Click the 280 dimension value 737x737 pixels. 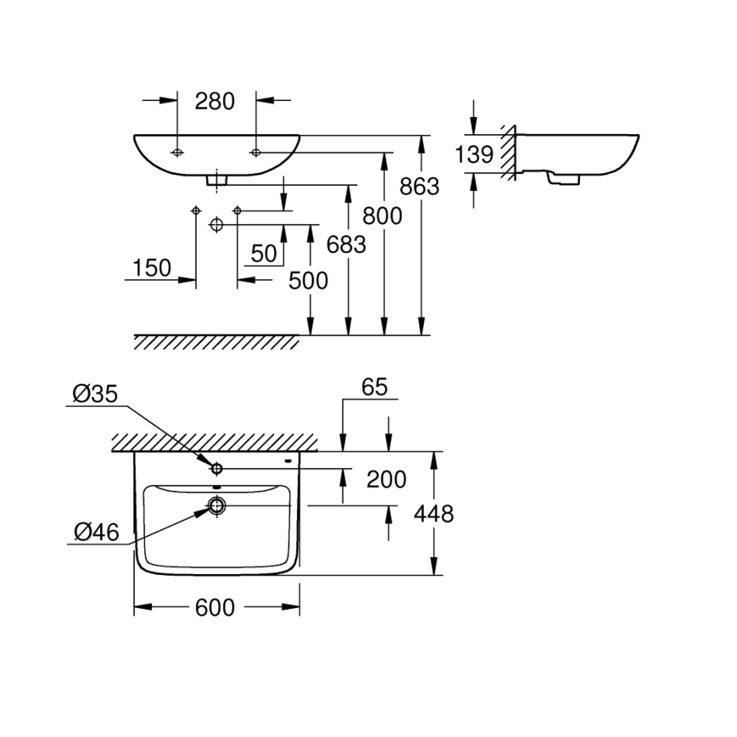point(214,101)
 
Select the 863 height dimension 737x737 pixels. point(420,185)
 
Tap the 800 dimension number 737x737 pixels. point(382,216)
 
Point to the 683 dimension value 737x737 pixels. point(346,245)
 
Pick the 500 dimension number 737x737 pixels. point(307,280)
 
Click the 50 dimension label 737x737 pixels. point(264,253)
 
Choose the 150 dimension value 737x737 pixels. point(152,268)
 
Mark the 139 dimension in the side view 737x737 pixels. point(474,155)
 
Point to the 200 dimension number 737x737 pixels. point(386,480)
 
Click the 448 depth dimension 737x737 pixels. point(434,513)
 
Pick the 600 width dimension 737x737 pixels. point(216,607)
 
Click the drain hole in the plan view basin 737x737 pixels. point(217,506)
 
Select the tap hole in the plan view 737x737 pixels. point(217,468)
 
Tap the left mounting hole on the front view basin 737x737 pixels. point(177,153)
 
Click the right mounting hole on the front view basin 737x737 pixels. point(256,153)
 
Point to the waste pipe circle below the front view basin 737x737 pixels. point(216,225)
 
